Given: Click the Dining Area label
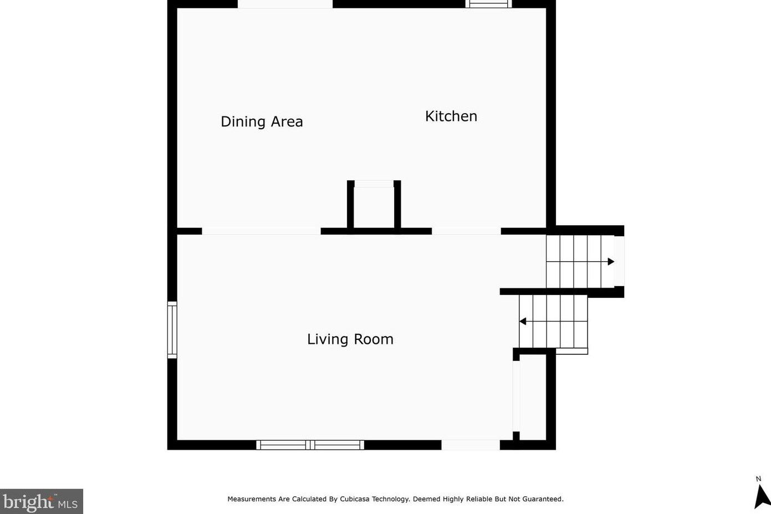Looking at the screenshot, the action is [262, 121].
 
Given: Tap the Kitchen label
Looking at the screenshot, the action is [451, 116].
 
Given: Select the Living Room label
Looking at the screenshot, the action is [350, 339].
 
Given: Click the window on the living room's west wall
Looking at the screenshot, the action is [172, 330].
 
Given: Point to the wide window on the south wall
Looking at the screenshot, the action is [310, 445].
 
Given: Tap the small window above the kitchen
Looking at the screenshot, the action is [488, 4].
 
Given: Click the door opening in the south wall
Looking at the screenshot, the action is [471, 445].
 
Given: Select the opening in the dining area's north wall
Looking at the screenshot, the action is [285, 4].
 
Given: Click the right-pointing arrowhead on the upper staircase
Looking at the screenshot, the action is [611, 262].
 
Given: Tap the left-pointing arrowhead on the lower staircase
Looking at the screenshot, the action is [523, 321].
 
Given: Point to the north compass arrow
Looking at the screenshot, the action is [762, 496].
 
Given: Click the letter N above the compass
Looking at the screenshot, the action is [758, 479].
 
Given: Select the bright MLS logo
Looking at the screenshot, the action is [42, 501].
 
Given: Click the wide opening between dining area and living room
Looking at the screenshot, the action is [261, 231].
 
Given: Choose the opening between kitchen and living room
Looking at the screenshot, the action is [466, 231].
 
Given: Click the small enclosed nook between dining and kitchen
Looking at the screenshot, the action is [374, 207].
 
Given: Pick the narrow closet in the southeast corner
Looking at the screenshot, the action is [533, 398].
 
